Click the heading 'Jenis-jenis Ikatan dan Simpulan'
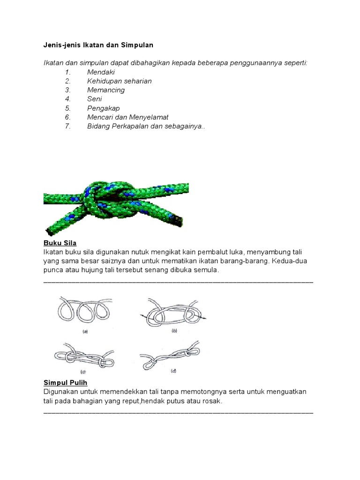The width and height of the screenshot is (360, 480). click(98, 45)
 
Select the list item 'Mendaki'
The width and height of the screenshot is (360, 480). click(101, 72)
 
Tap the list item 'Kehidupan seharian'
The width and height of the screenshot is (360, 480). click(119, 81)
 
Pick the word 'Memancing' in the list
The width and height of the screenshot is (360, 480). click(106, 90)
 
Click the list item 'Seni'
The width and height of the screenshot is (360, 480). click(94, 99)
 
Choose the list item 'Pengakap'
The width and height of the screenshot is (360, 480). click(103, 108)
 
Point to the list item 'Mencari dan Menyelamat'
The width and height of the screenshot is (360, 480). click(127, 117)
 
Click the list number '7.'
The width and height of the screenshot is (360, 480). click(67, 126)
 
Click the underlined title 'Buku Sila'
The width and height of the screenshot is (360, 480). click(60, 243)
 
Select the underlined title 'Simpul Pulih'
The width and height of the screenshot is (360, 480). click(66, 382)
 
